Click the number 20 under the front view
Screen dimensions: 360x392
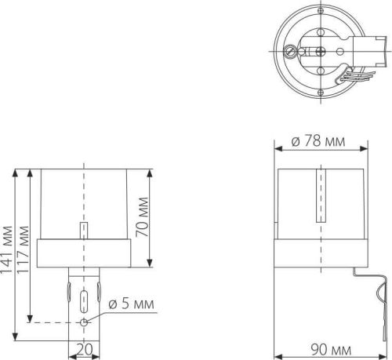coord(83,350)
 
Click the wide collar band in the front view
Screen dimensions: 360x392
coord(84,253)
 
